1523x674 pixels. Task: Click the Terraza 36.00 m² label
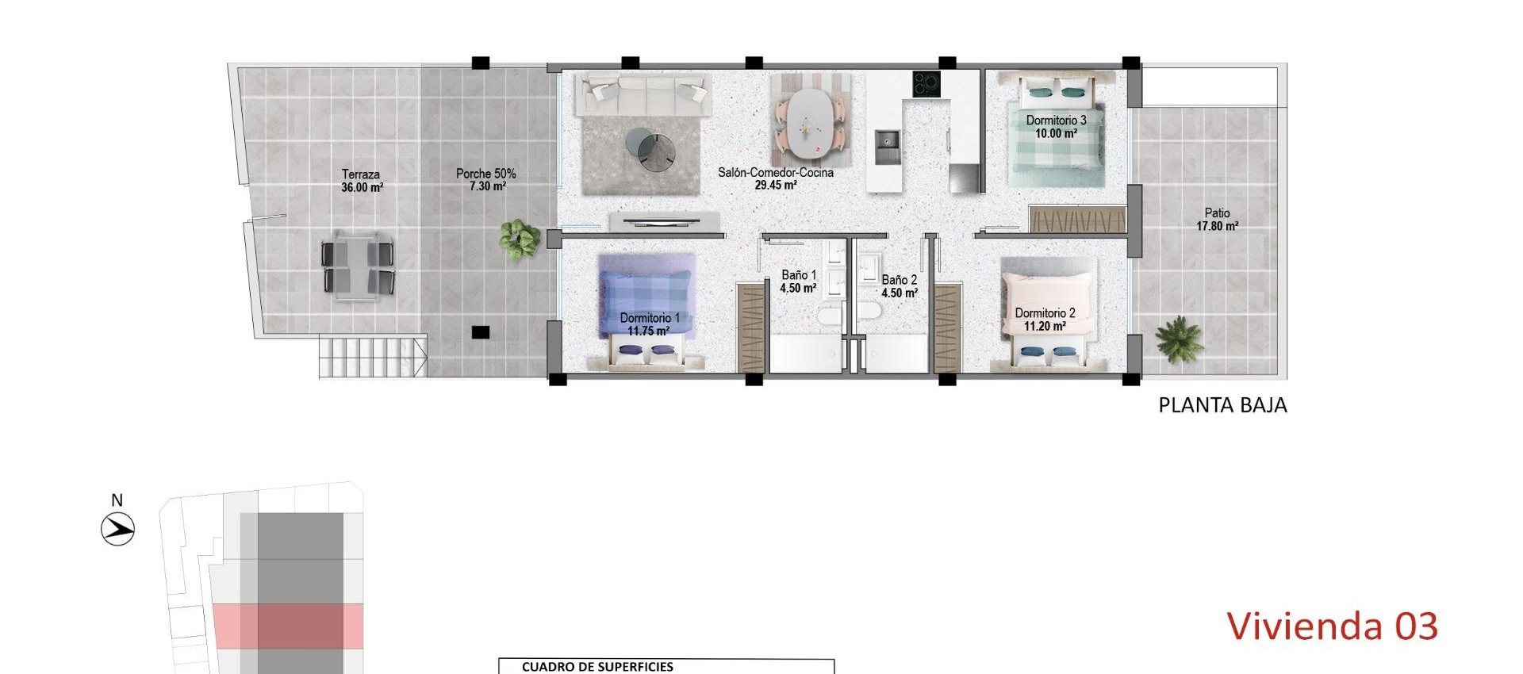(x=362, y=181)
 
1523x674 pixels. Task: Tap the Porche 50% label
(x=485, y=180)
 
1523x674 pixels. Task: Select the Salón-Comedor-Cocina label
(x=775, y=178)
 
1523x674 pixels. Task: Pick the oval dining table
(x=809, y=123)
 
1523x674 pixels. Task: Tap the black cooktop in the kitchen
(x=926, y=84)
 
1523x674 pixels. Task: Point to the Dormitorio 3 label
(x=1056, y=126)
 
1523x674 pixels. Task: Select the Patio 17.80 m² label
(x=1217, y=219)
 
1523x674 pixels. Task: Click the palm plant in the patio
(x=1179, y=339)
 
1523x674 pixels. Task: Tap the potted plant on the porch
(x=520, y=238)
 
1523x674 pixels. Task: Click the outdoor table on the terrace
(x=358, y=266)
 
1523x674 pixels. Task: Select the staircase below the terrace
(x=371, y=357)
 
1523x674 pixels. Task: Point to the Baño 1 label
(x=798, y=281)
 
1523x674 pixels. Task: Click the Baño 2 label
(x=899, y=286)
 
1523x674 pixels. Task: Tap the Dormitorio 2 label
(x=1045, y=319)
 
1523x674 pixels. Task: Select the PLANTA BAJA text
(x=1222, y=405)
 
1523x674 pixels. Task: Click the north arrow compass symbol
(x=118, y=528)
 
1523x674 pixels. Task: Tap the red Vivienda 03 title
(x=1332, y=626)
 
